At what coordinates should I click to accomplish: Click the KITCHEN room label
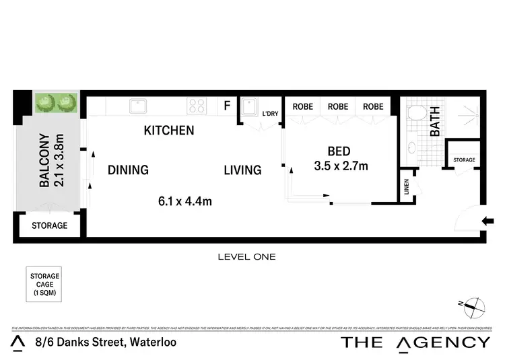(x=169, y=131)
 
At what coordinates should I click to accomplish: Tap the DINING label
(x=128, y=170)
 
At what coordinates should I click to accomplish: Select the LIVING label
(x=242, y=170)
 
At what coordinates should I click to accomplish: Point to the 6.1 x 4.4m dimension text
(x=185, y=201)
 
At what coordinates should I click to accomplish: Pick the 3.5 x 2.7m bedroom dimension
(x=341, y=166)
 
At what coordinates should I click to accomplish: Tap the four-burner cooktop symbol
(x=197, y=106)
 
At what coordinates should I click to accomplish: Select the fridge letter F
(x=227, y=106)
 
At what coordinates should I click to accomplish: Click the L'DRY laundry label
(x=270, y=114)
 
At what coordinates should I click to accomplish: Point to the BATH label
(x=435, y=122)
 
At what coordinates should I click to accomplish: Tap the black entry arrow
(x=489, y=220)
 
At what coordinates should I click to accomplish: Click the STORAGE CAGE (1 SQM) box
(x=44, y=285)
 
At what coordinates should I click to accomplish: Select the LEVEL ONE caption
(x=246, y=256)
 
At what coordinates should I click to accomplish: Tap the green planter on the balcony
(x=56, y=103)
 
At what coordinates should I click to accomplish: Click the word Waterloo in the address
(x=152, y=343)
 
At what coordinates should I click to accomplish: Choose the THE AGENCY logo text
(x=415, y=342)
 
